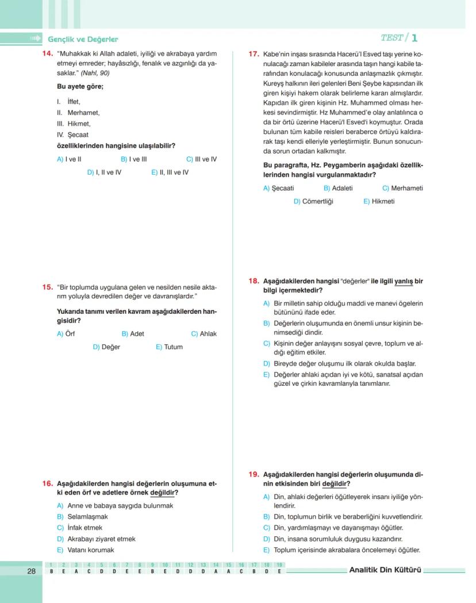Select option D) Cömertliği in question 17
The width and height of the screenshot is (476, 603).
click(x=313, y=202)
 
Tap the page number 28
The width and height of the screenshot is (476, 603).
click(x=31, y=571)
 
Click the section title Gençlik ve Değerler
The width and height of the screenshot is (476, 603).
click(x=83, y=39)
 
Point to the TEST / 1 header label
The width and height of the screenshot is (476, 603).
click(x=399, y=38)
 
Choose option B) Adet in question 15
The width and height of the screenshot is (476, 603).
click(x=133, y=333)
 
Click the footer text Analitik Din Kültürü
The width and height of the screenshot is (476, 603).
click(x=385, y=570)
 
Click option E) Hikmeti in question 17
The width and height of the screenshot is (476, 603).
click(x=379, y=202)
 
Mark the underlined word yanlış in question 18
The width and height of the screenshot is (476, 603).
click(x=402, y=282)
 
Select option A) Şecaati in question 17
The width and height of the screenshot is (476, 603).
click(x=278, y=188)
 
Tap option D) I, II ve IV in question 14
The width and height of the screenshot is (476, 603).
click(x=104, y=172)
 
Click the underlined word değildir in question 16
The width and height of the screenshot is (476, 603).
click(x=163, y=493)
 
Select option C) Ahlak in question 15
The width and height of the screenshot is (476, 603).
click(x=204, y=333)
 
